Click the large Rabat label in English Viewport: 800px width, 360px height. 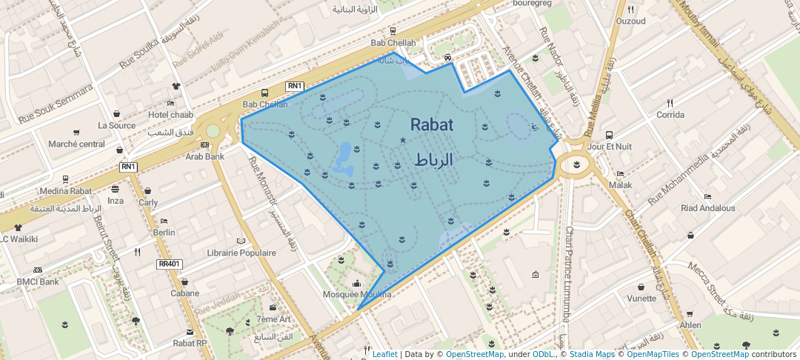(x=432, y=124)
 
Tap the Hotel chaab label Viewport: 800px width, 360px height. (x=170, y=114)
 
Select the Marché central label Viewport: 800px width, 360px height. (x=76, y=144)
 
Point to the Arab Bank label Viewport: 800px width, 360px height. (x=204, y=156)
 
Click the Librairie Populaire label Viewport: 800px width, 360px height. (x=241, y=253)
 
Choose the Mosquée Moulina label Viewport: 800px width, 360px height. (x=357, y=294)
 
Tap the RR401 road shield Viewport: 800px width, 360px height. (x=170, y=264)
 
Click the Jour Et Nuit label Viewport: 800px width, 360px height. (x=609, y=147)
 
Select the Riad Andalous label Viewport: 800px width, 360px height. (x=708, y=208)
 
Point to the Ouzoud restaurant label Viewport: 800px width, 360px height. (x=631, y=21)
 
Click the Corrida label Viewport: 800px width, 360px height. (x=670, y=115)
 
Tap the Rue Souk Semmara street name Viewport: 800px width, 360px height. (x=56, y=104)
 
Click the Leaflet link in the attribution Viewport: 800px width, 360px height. (x=384, y=354)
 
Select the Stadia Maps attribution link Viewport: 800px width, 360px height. (x=591, y=354)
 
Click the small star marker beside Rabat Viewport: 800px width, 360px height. (x=403, y=139)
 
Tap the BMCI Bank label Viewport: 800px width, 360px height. (x=38, y=281)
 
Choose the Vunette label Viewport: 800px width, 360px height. (x=641, y=299)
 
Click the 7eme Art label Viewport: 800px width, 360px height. (x=273, y=319)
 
